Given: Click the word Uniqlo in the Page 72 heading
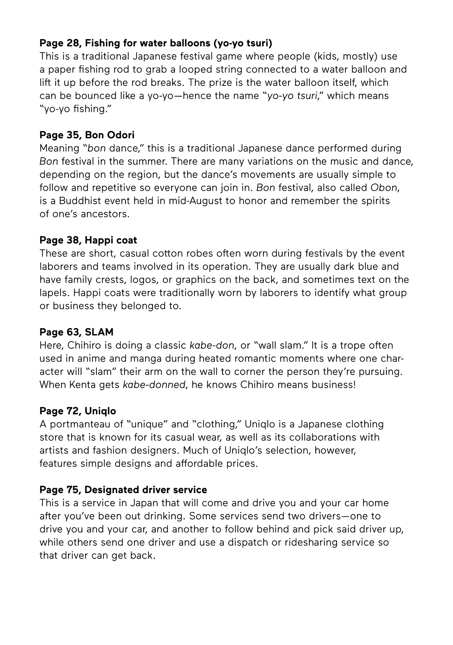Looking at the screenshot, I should (x=100, y=411).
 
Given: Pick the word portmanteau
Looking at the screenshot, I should (x=87, y=424).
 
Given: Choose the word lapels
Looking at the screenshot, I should (x=54, y=293).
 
